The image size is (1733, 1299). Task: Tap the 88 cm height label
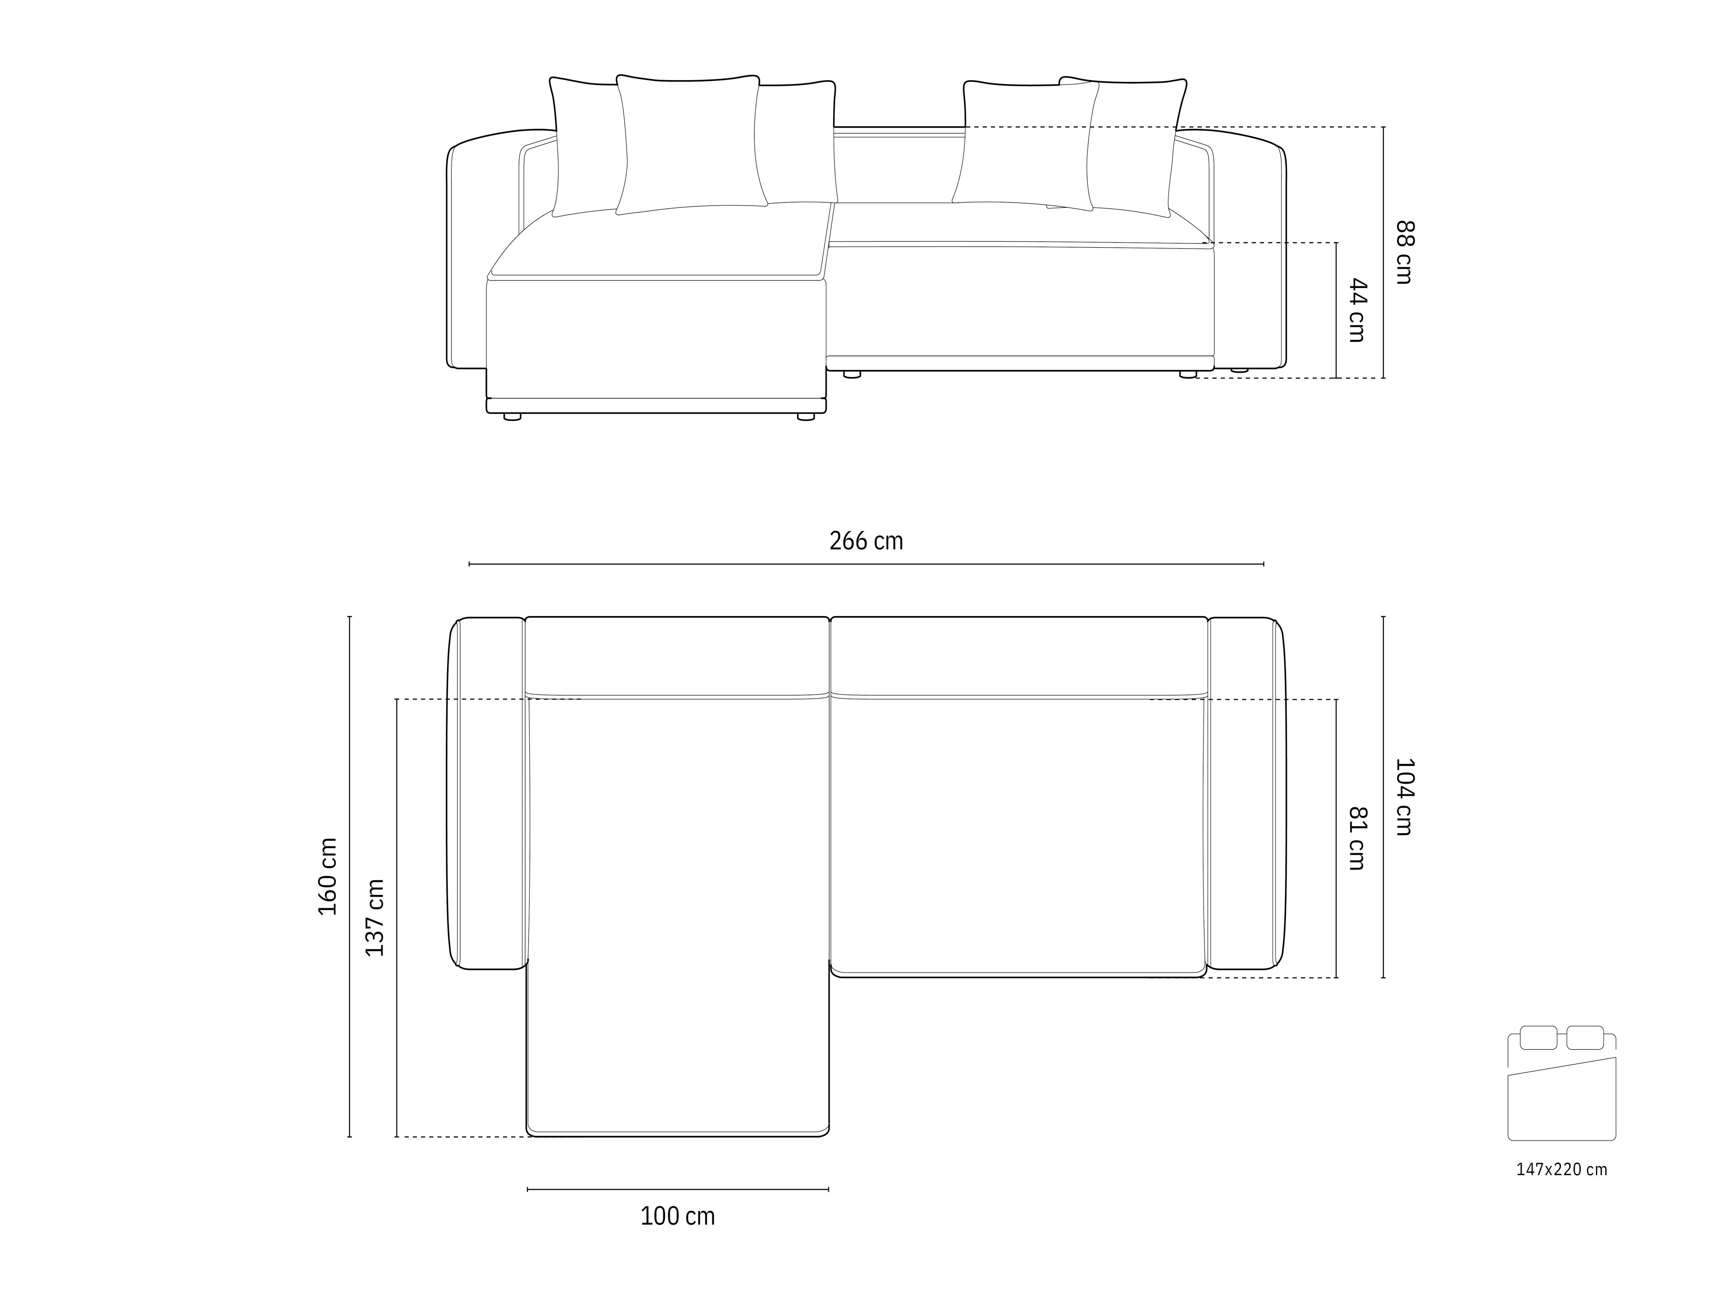1405,252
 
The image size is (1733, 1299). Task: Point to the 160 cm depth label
328,876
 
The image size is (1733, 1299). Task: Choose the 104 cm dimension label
1405,796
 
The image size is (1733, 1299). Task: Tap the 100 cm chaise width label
678,1216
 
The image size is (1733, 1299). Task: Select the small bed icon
1561,1083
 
